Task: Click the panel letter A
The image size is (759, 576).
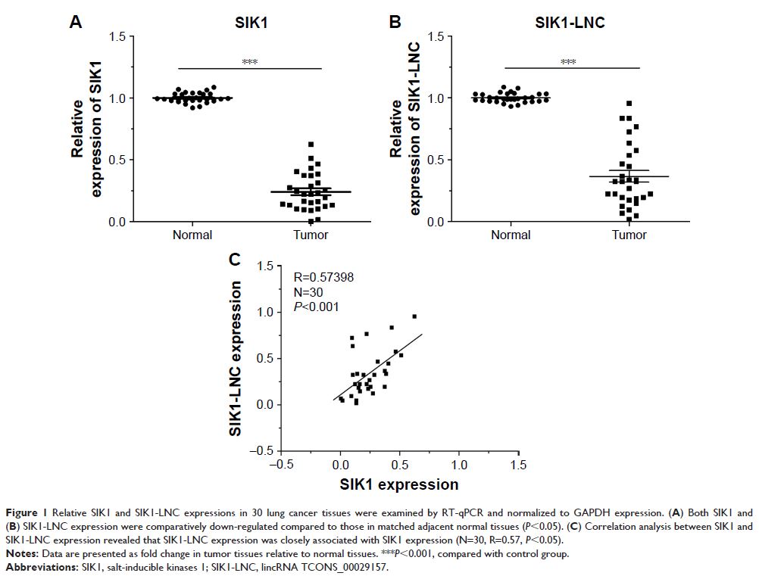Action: coord(76,22)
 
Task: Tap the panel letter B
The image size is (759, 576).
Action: coord(395,22)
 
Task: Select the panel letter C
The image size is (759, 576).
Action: coord(236,260)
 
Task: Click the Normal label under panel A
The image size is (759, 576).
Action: coord(192,235)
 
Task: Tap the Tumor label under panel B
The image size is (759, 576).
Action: coord(629,235)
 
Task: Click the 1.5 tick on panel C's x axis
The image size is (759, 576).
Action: coord(517,463)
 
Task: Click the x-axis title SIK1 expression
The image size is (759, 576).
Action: coord(399,484)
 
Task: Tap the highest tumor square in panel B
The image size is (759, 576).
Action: coord(629,104)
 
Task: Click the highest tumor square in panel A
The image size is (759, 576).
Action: coord(311,144)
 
